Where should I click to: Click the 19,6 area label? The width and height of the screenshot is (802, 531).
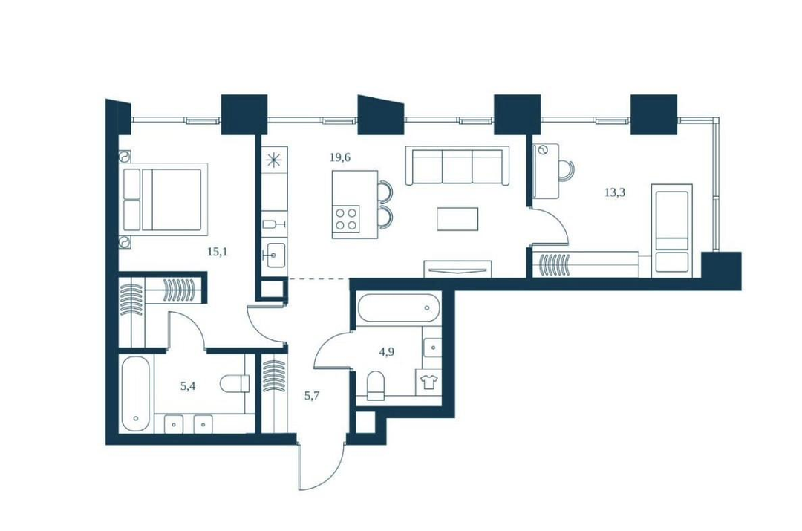[x=339, y=157]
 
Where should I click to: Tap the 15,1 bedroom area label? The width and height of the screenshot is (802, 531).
[x=217, y=252]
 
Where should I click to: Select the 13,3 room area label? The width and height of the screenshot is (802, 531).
[x=615, y=193]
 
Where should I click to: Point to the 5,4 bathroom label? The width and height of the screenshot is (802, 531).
[x=188, y=386]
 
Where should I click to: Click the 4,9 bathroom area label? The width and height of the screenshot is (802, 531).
[x=386, y=352]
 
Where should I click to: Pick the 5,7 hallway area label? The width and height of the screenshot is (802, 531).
[x=312, y=395]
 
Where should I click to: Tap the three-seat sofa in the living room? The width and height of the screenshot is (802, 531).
[x=457, y=166]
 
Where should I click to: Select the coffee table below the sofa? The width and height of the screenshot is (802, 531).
[x=457, y=219]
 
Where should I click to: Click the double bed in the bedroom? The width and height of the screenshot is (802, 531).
[x=163, y=200]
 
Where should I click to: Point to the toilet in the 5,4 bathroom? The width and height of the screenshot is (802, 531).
[x=235, y=383]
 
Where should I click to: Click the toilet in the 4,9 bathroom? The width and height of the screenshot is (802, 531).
[x=376, y=385]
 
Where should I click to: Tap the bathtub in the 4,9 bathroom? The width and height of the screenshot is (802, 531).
[x=399, y=308]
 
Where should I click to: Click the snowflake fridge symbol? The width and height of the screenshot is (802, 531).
[x=274, y=160]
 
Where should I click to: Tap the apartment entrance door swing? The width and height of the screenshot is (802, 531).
[x=322, y=466]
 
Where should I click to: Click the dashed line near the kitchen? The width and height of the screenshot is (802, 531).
[x=318, y=278]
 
